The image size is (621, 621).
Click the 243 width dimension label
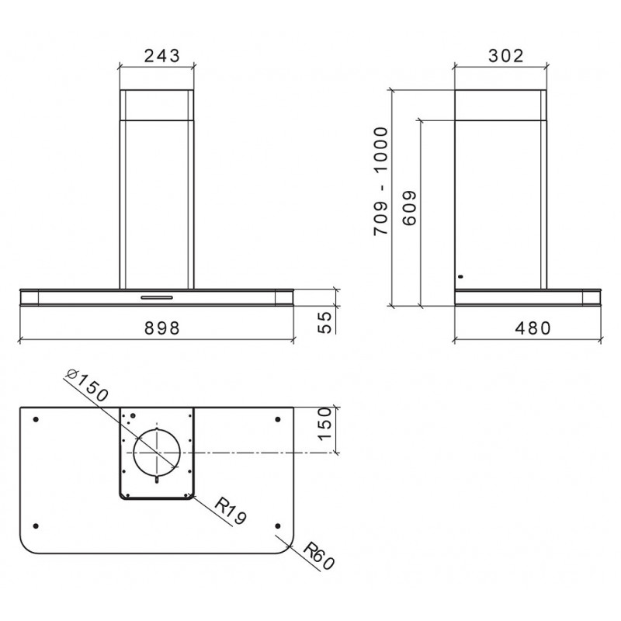click(x=161, y=55)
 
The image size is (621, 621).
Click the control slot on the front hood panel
click(x=158, y=297)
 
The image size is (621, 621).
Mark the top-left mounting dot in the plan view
click(x=36, y=419)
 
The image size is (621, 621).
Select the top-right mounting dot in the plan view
click(x=278, y=419)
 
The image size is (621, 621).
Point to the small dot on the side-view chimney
click(x=460, y=276)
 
